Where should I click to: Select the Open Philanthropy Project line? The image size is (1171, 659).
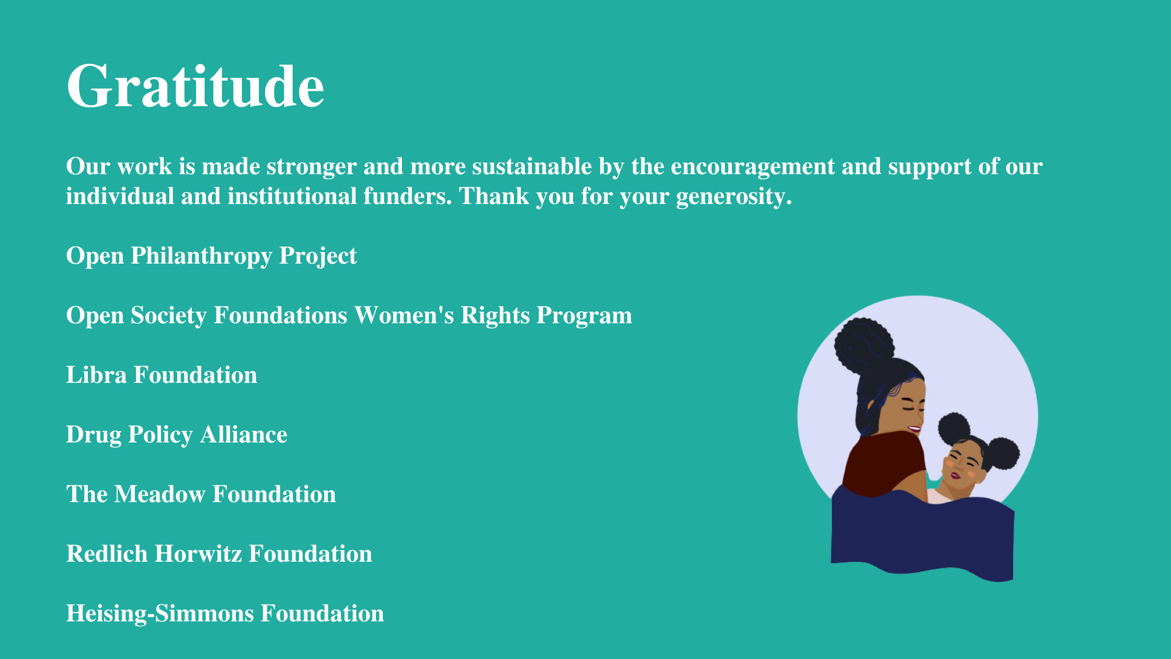coord(211,256)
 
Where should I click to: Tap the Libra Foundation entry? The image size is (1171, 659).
coord(162,375)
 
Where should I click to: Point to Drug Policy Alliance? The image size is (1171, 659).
coord(177,435)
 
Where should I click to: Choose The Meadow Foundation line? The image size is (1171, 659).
coord(201,494)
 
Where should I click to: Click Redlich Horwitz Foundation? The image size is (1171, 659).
coord(219,554)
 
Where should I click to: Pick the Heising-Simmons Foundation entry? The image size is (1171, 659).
coord(225,613)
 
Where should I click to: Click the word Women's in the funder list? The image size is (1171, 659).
coord(404,315)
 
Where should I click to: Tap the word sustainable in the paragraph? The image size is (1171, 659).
coord(532,167)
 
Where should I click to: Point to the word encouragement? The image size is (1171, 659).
coord(753,167)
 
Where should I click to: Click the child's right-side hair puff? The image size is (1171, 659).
coord(1003,453)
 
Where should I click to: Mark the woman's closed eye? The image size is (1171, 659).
coord(909,406)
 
